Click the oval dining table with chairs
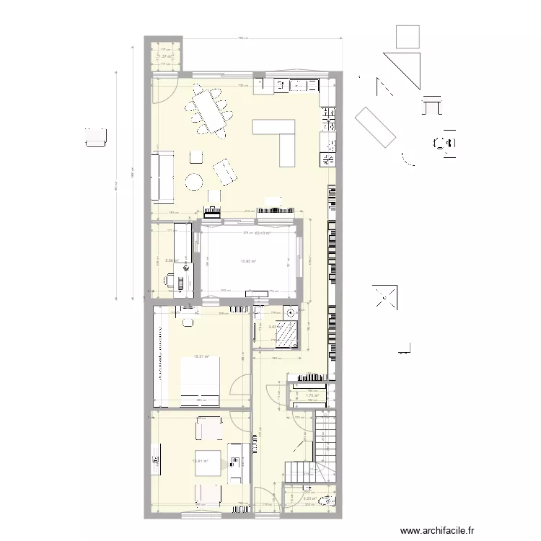(210, 111)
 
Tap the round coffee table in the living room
(194, 182)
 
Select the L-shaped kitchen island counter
(281, 137)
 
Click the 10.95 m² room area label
(248, 262)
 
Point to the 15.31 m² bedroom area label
(201, 356)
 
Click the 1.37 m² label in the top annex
(166, 56)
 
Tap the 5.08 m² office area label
(171, 261)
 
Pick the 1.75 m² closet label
(312, 395)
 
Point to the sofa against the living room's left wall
(161, 176)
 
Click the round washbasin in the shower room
(290, 312)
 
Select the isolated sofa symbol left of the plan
(96, 137)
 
